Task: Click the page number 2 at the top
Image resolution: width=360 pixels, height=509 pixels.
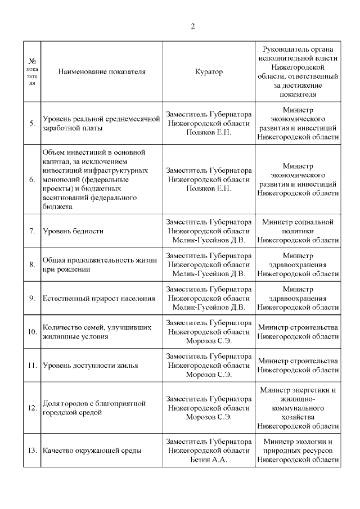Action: [192, 26]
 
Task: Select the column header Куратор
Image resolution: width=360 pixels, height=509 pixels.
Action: [209, 71]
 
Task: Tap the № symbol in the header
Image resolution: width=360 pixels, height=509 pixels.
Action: [32, 60]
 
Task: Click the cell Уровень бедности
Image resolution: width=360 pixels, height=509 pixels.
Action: [73, 231]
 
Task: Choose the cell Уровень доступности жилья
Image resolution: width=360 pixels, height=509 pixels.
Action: [90, 365]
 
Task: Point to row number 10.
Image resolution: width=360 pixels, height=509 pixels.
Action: [32, 331]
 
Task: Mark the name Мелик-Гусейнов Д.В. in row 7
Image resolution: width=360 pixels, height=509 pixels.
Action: [209, 240]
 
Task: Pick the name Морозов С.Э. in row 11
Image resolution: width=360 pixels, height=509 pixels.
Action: [209, 375]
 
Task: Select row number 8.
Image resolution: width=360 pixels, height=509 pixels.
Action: [32, 264]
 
